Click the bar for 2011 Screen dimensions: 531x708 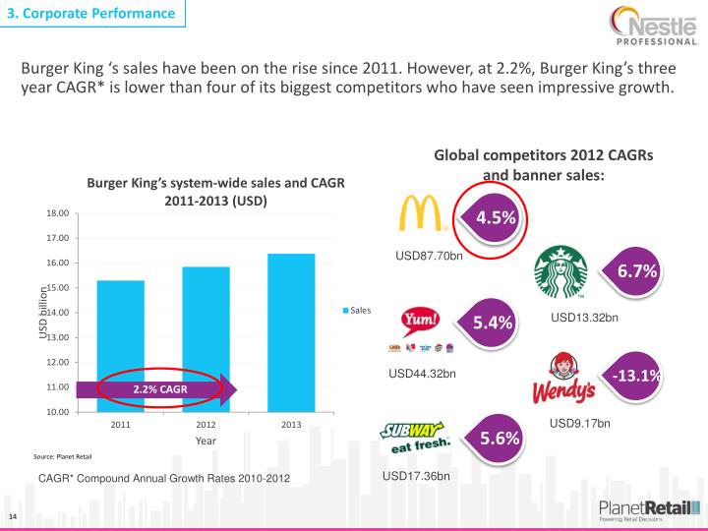[x=120, y=334]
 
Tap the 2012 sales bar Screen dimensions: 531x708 [x=206, y=329]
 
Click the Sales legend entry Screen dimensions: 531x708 [x=356, y=311]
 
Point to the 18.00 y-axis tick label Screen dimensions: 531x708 [x=58, y=213]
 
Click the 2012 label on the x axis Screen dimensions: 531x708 [x=206, y=425]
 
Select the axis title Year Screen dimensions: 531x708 [x=206, y=442]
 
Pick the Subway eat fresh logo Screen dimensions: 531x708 [x=415, y=436]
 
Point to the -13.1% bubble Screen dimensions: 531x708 [x=635, y=377]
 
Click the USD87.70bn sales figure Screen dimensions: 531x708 [x=429, y=257]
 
